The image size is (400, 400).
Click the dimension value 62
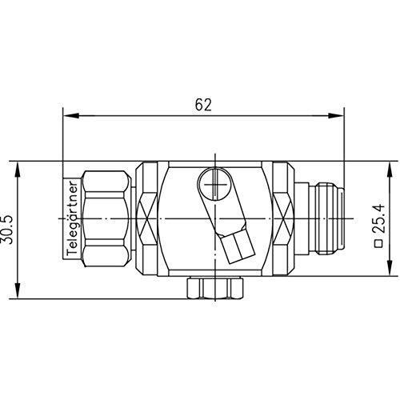[x=203, y=105]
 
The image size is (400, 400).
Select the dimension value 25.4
[x=379, y=219]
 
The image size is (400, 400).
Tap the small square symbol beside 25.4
[x=378, y=244]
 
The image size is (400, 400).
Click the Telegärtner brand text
[x=72, y=218]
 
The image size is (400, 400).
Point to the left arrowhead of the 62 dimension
[x=71, y=116]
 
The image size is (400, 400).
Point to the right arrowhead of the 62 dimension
[x=336, y=116]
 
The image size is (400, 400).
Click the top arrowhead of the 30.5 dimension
[x=18, y=170]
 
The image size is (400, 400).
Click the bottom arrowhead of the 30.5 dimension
[x=18, y=290]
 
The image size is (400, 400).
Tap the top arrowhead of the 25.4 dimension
[x=390, y=170]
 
